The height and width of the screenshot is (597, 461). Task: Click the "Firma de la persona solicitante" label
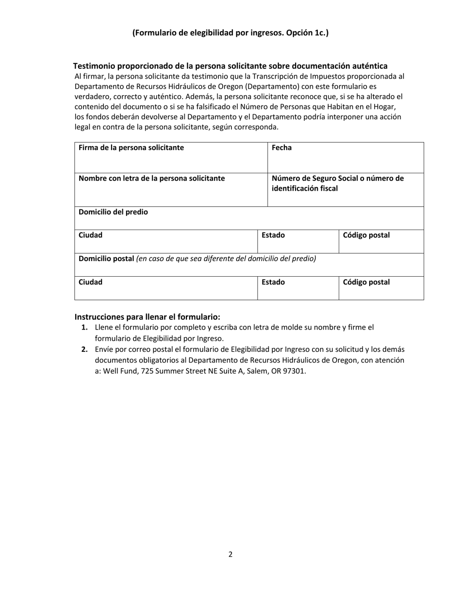pyautogui.click(x=131, y=148)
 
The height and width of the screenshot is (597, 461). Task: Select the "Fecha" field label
pyautogui.click(x=281, y=148)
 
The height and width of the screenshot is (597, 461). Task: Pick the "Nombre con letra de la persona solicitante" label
pyautogui.click(x=151, y=178)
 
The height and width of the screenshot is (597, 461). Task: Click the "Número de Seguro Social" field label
pyautogui.click(x=337, y=178)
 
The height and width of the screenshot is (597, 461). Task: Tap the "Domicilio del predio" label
pyautogui.click(x=113, y=212)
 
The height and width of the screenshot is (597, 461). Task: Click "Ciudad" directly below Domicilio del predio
pyautogui.click(x=90, y=235)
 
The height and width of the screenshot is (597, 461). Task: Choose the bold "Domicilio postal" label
pyautogui.click(x=106, y=259)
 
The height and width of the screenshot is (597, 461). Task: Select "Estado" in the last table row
pyautogui.click(x=273, y=282)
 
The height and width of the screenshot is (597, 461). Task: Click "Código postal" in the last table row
pyautogui.click(x=366, y=282)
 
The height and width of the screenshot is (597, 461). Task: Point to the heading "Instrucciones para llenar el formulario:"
pyautogui.click(x=147, y=317)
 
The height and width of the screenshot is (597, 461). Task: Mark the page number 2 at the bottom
pyautogui.click(x=230, y=554)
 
